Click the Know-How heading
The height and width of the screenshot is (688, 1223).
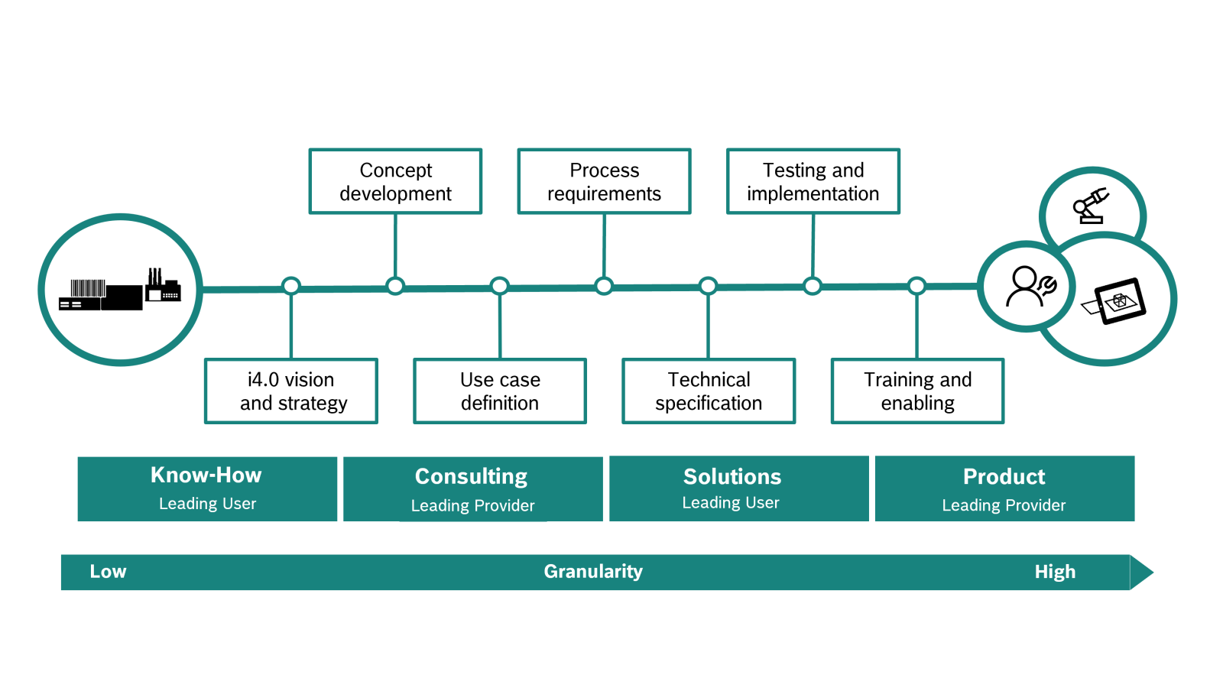point(206,475)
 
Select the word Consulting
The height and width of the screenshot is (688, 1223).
point(471,477)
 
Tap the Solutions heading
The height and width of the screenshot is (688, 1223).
point(732,477)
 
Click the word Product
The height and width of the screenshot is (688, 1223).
point(1004,477)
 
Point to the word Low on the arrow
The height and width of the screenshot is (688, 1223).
point(108,572)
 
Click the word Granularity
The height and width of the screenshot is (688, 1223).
point(593,572)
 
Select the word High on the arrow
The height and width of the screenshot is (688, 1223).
point(1055,572)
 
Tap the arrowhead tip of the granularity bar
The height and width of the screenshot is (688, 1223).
point(1153,573)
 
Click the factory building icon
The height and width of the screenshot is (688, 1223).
point(120,290)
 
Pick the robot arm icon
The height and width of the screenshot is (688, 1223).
point(1091,206)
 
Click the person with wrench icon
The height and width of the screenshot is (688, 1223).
point(1031,286)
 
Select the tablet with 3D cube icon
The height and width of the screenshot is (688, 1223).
point(1114,301)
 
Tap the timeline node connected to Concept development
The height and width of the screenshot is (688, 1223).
point(394,286)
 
